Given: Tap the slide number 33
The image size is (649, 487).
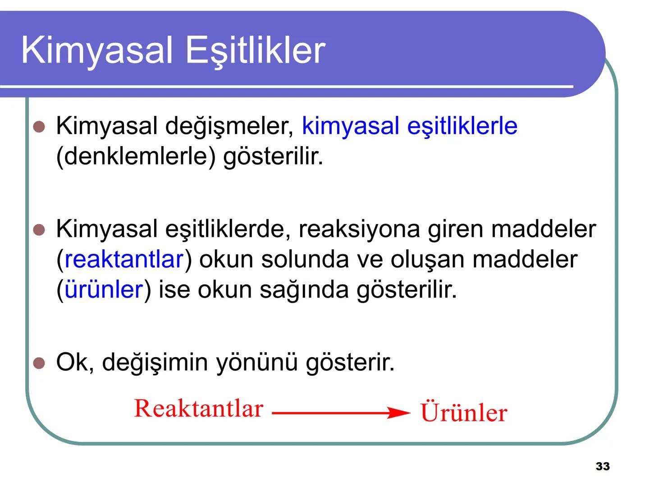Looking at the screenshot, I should (x=603, y=467).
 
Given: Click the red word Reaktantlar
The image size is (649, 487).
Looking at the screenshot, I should (x=198, y=409).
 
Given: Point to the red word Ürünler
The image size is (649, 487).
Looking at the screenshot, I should (x=463, y=412).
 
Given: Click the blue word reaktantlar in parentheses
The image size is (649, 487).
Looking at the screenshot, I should (x=124, y=259).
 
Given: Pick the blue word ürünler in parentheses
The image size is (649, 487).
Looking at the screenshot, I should (x=104, y=289).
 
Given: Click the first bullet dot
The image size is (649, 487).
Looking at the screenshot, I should (x=40, y=127).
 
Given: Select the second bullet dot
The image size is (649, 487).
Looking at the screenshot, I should (x=40, y=230).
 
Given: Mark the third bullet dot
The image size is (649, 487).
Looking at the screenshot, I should (x=40, y=363).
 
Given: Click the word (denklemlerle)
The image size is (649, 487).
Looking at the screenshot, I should (x=136, y=156).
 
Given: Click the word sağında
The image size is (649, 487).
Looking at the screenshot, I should (x=304, y=290).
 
